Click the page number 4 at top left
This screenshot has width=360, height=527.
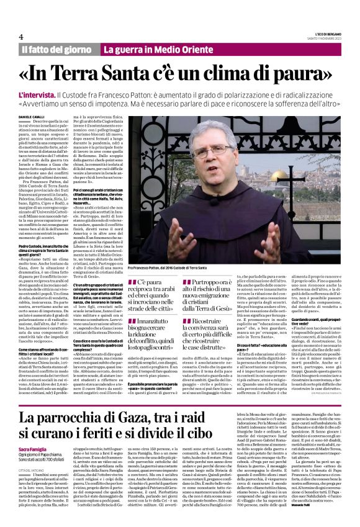pos(20,36)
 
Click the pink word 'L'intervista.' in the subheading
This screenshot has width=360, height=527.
pos(36,92)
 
